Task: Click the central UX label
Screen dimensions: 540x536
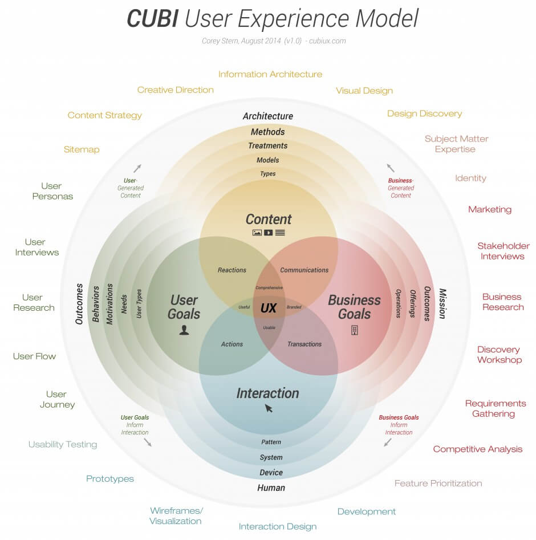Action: (268, 308)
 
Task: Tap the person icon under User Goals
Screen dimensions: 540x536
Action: (184, 330)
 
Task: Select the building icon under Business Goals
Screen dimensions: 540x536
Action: (354, 330)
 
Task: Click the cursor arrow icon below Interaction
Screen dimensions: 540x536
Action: (269, 408)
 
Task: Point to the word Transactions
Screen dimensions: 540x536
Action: (304, 344)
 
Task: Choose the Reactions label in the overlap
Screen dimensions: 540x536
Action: (232, 270)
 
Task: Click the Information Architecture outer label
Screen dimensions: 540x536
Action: (270, 74)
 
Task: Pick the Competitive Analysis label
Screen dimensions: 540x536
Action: (477, 449)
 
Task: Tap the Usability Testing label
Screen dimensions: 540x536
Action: (63, 444)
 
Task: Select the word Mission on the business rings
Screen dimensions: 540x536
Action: (442, 303)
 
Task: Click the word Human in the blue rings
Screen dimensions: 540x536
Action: (271, 488)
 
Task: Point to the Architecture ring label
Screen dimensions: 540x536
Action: (267, 116)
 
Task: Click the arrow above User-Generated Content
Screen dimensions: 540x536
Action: (137, 168)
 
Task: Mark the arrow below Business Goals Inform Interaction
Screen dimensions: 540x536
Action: (388, 442)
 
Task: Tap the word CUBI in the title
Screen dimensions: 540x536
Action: (151, 19)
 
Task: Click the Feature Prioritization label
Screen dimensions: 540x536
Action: (438, 484)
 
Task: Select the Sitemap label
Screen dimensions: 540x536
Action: (82, 149)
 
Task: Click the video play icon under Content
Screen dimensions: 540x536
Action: (268, 233)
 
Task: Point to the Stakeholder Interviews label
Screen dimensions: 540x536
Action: (503, 251)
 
